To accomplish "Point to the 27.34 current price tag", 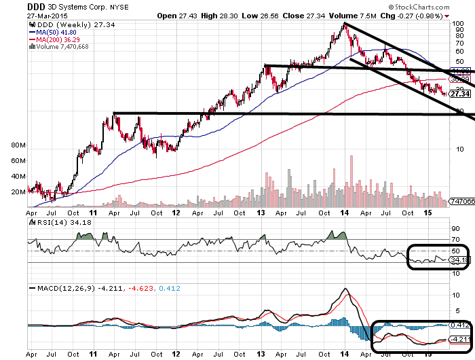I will (462, 93).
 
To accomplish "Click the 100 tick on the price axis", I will (460, 23).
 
